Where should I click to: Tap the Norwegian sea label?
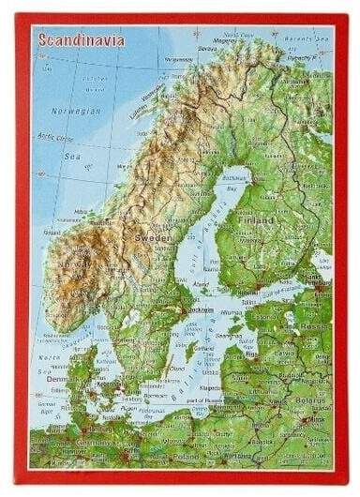pyautogui.click(x=75, y=111)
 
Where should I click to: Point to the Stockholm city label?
pyautogui.click(x=199, y=310)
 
